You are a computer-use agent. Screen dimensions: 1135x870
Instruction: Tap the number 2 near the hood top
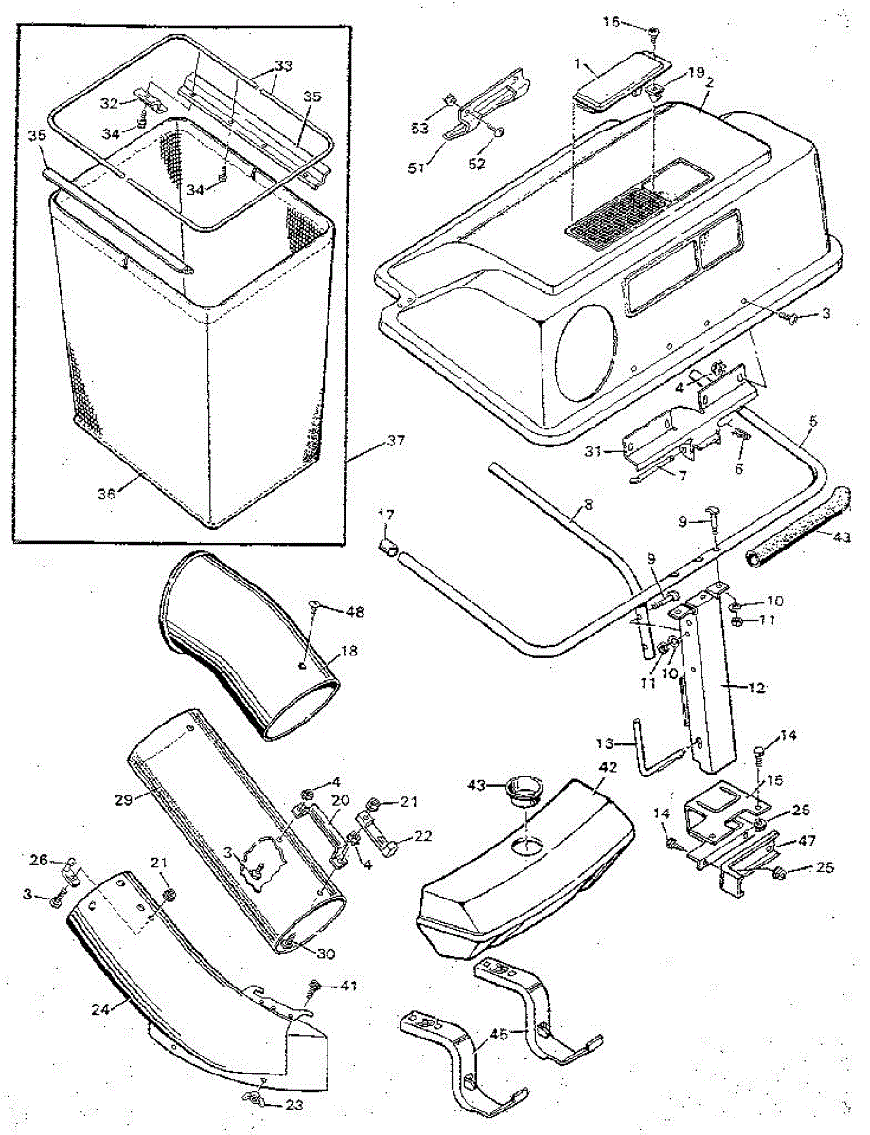(708, 82)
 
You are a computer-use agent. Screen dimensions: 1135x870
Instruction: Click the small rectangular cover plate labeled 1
(619, 84)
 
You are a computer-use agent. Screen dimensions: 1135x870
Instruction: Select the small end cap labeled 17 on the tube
(387, 547)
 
